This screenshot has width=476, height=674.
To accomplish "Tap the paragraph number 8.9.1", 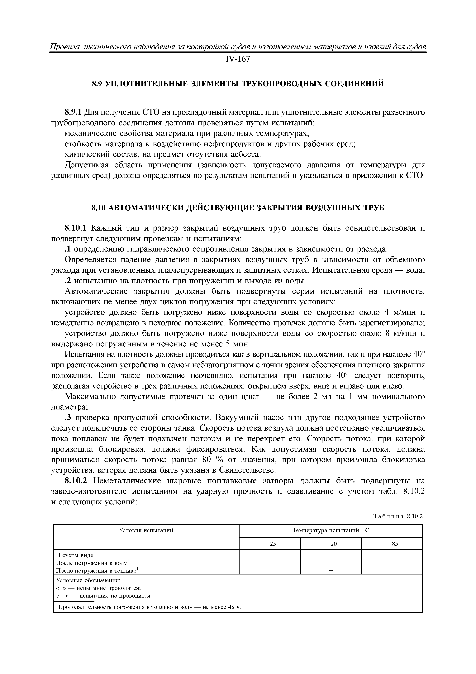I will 73,112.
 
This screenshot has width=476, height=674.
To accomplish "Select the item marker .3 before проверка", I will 68,418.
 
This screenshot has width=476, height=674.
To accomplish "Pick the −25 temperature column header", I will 270,544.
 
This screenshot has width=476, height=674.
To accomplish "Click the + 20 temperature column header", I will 331,544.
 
